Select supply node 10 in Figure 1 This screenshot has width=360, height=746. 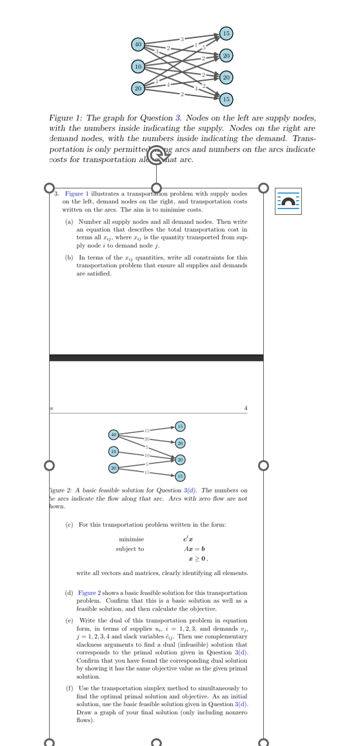click(x=138, y=66)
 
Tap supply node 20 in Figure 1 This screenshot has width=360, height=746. click(x=138, y=88)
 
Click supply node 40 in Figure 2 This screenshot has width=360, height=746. click(x=114, y=434)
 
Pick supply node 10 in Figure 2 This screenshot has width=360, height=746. click(x=114, y=450)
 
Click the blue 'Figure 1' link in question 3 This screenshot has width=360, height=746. click(x=77, y=194)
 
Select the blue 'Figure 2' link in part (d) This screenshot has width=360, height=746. click(x=89, y=592)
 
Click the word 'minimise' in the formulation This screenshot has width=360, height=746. click(x=132, y=539)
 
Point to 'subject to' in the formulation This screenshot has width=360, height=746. click(x=130, y=549)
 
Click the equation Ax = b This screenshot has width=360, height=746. click(x=187, y=549)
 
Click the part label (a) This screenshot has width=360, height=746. click(x=69, y=222)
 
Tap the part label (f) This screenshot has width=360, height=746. click(x=69, y=689)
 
